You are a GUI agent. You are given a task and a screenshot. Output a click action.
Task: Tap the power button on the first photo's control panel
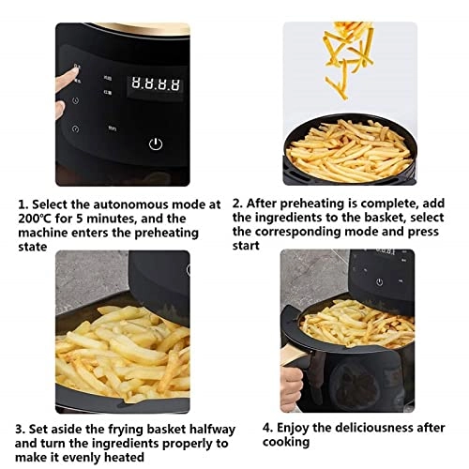(x=157, y=144)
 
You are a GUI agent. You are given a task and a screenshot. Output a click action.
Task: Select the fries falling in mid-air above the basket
(x=351, y=56)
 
